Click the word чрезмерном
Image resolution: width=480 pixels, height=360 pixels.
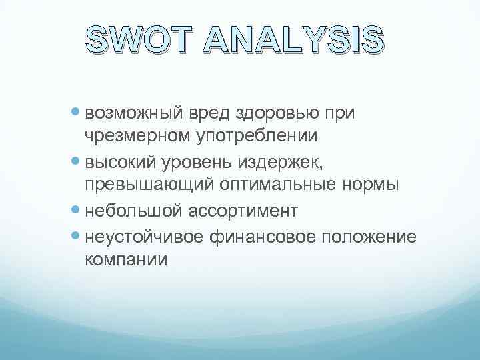click(x=133, y=136)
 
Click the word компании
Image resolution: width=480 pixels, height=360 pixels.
click(x=127, y=259)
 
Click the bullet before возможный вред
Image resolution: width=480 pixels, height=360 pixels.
click(x=76, y=113)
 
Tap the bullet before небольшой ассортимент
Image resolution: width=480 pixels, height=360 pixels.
click(x=76, y=211)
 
